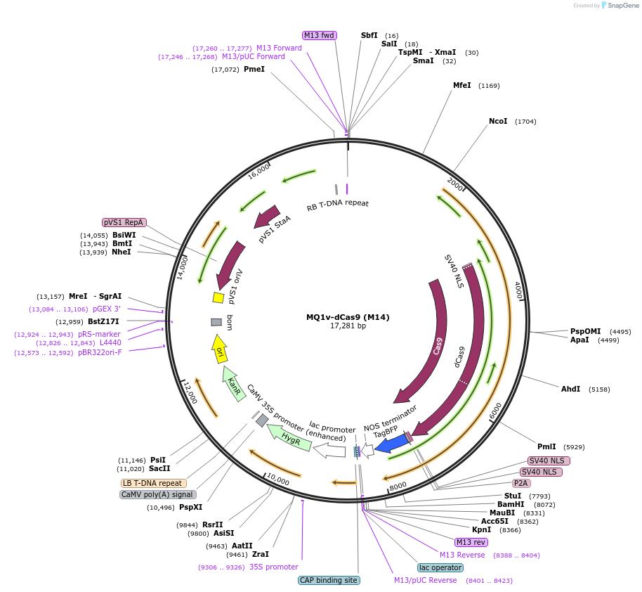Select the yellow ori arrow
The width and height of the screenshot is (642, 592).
click(x=220, y=349)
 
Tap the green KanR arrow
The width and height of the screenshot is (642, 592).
click(x=234, y=383)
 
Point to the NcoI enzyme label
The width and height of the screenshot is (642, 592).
click(x=498, y=122)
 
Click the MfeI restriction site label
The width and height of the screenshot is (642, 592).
click(x=462, y=86)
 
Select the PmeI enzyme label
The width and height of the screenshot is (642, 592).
click(x=254, y=70)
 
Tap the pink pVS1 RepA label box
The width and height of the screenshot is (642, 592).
click(x=124, y=222)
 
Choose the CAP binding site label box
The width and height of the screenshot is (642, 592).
click(x=329, y=580)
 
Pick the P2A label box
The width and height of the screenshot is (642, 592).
click(x=520, y=483)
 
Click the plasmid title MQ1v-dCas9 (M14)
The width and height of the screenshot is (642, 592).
click(x=348, y=317)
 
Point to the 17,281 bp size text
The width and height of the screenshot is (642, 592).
click(x=348, y=326)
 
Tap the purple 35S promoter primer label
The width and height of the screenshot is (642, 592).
click(x=273, y=567)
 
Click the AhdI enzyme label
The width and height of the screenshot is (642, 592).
click(x=571, y=389)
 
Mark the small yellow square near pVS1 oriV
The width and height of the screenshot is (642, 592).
click(x=218, y=297)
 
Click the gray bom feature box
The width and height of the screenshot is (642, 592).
click(x=216, y=322)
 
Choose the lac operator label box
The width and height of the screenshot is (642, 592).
click(x=440, y=567)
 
